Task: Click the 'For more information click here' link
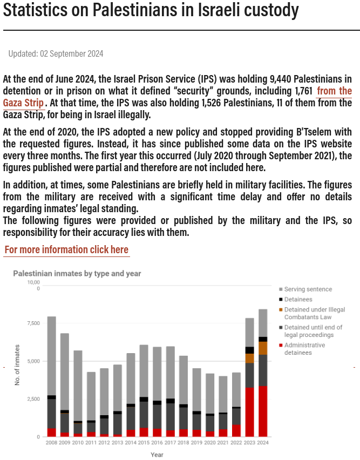(66, 249)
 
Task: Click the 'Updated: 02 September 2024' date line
(56, 53)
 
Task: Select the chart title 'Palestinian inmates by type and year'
(77, 274)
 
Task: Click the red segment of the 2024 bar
(263, 411)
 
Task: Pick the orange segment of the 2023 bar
(249, 358)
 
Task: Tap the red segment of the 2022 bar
(236, 430)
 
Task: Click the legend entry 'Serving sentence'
(308, 289)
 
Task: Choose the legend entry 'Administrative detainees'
(304, 349)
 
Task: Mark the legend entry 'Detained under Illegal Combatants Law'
(314, 313)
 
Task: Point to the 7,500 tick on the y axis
(33, 323)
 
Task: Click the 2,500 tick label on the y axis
(33, 399)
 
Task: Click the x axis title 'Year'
(157, 455)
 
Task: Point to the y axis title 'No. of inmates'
(18, 364)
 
